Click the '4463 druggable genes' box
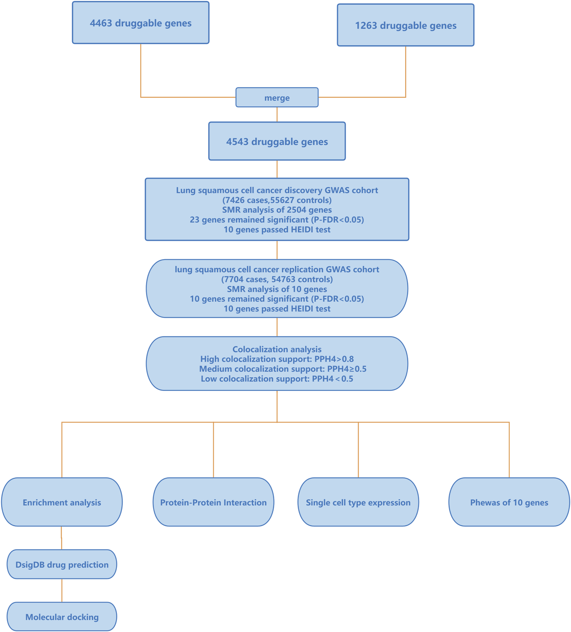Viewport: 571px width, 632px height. [140, 23]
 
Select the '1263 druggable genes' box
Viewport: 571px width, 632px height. [405, 25]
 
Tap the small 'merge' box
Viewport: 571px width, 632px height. [277, 97]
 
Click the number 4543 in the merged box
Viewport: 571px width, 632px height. [237, 141]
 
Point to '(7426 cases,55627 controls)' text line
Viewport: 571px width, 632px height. [277, 200]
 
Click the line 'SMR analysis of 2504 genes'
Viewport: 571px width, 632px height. [277, 210]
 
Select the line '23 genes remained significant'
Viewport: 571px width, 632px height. [277, 220]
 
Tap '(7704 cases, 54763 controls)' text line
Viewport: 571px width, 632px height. [277, 279]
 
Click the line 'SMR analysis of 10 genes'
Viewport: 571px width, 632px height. [277, 289]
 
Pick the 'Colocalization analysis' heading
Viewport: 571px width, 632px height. [277, 349]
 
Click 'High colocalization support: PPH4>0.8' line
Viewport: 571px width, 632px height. [277, 359]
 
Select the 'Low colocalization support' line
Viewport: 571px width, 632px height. [277, 379]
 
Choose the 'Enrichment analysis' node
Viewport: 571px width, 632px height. [62, 502]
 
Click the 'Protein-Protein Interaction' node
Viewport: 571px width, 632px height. [213, 502]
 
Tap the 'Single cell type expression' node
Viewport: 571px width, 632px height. [358, 502]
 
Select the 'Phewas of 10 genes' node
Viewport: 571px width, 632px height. [509, 502]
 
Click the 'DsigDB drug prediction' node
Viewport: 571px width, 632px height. [62, 565]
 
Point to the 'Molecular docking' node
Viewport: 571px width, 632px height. [62, 617]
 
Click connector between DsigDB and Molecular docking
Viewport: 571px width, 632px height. [62, 590]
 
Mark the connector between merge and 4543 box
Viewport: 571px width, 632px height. [277, 114]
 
